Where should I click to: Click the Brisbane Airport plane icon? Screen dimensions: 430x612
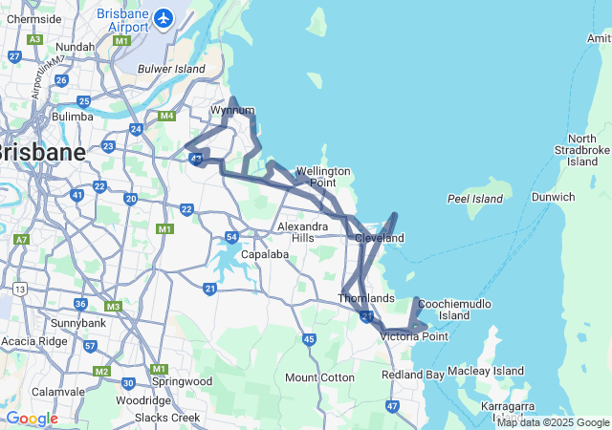tap(163, 17)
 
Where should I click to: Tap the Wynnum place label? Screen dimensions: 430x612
tap(232, 110)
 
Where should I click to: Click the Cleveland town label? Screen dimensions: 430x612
tap(379, 238)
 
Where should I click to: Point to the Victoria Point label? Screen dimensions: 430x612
tap(414, 335)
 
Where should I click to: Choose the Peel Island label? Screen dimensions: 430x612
tap(475, 199)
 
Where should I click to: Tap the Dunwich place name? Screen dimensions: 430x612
tap(553, 197)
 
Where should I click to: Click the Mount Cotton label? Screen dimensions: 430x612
tap(319, 377)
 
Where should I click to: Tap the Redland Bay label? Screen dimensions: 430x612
tap(413, 375)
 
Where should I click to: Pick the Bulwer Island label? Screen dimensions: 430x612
tap(172, 69)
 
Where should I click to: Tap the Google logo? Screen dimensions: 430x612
tap(32, 419)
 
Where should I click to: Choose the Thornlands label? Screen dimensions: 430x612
tap(366, 298)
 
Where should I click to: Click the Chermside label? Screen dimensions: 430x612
tap(33, 18)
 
